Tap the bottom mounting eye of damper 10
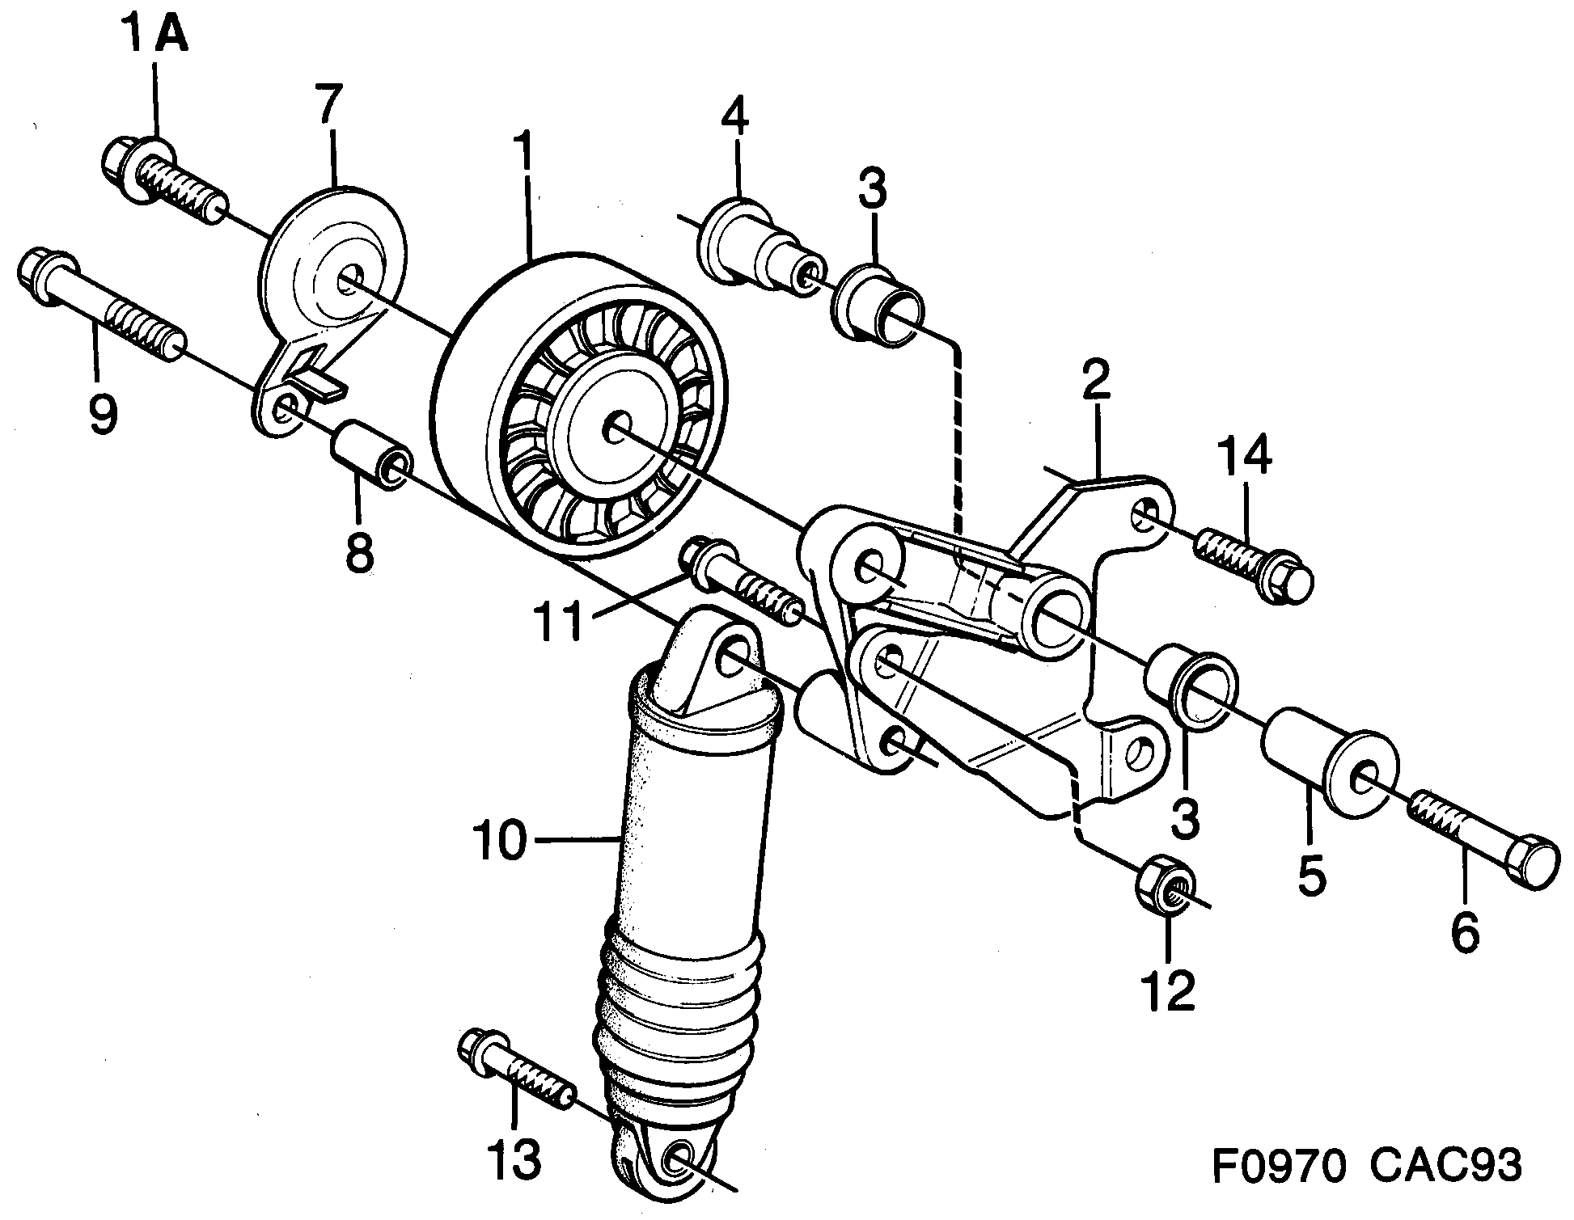tap(675, 1162)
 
